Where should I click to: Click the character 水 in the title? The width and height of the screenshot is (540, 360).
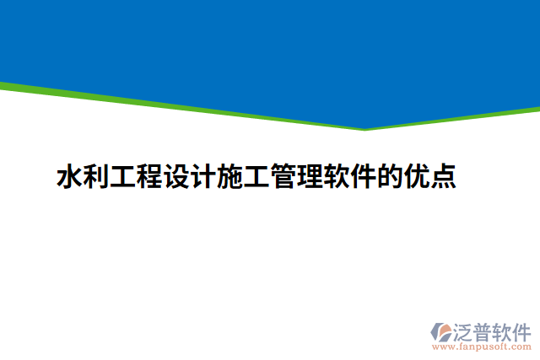69,178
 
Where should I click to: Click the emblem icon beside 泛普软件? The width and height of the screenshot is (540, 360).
441,330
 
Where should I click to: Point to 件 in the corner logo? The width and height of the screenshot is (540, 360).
523,330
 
